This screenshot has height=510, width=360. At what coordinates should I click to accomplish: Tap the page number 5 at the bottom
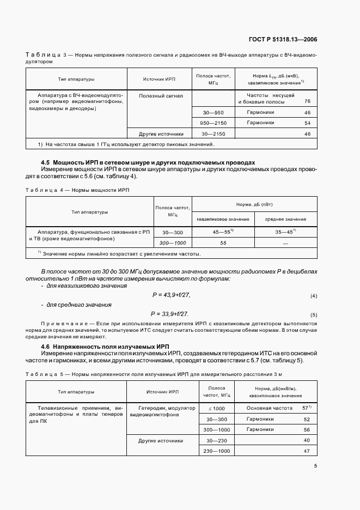(315, 465)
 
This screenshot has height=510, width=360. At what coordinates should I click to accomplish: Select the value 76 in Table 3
(307, 101)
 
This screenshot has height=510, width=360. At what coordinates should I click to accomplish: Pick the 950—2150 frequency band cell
(213, 123)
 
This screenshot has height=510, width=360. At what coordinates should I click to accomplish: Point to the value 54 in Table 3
(307, 123)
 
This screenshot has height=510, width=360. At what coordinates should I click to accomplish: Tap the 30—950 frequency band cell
(213, 112)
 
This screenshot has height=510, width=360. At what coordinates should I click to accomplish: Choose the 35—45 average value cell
(285, 231)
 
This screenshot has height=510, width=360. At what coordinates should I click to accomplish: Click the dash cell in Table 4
(285, 242)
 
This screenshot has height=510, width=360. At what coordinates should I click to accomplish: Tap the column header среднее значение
(285, 219)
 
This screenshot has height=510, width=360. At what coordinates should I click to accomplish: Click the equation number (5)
(313, 315)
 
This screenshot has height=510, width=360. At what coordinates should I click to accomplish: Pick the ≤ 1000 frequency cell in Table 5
(213, 408)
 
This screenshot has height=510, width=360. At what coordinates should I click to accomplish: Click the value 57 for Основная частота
(305, 408)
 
